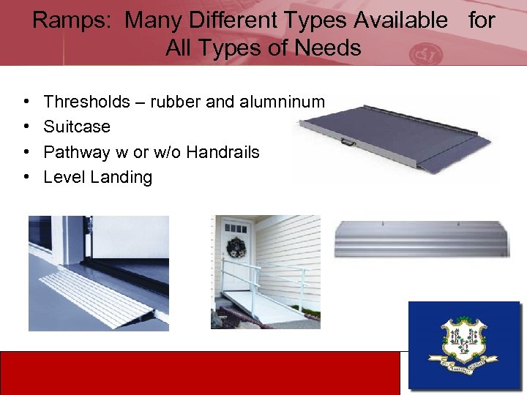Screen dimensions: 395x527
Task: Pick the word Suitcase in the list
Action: tap(77, 127)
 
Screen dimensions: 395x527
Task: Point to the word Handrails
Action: tap(223, 152)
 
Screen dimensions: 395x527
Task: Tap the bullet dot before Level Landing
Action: tap(26, 177)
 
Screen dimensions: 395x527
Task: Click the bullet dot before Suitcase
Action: tap(26, 127)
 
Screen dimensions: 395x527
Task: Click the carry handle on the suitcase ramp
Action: tap(348, 143)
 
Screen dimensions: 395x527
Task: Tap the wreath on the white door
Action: tap(236, 247)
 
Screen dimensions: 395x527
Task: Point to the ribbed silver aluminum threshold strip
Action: tap(422, 240)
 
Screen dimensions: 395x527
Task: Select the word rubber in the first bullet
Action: tap(176, 102)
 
